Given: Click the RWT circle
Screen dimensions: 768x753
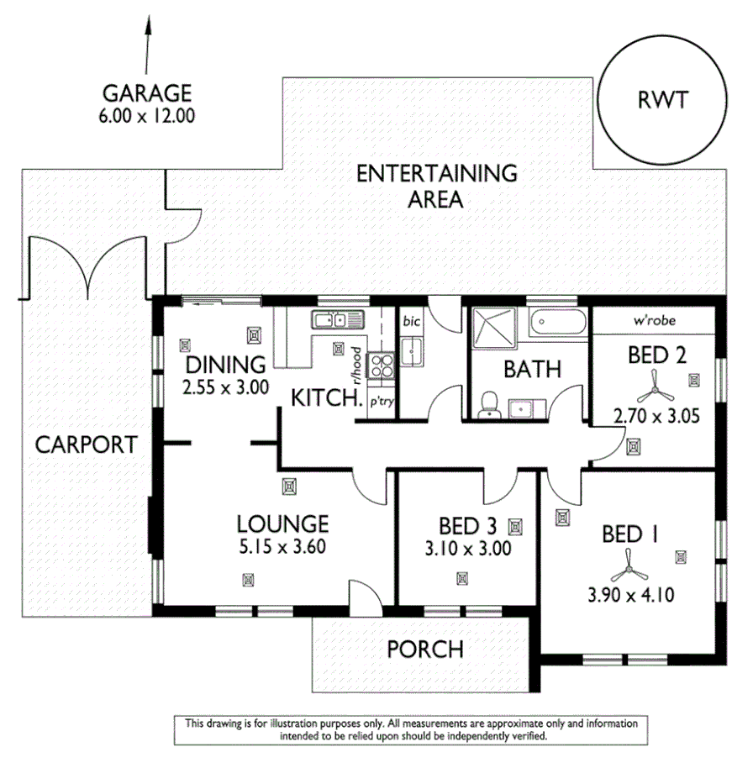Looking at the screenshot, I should click(663, 102).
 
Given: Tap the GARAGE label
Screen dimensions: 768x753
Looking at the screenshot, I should click(147, 92).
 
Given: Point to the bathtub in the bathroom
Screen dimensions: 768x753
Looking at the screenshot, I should click(558, 323).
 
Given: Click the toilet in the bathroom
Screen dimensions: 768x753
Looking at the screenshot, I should click(487, 408).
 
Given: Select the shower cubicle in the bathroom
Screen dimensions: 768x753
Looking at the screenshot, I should click(491, 326).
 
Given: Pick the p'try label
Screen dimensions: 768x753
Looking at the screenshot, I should click(382, 403).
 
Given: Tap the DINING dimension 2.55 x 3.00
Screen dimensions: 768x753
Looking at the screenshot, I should click(226, 387).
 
